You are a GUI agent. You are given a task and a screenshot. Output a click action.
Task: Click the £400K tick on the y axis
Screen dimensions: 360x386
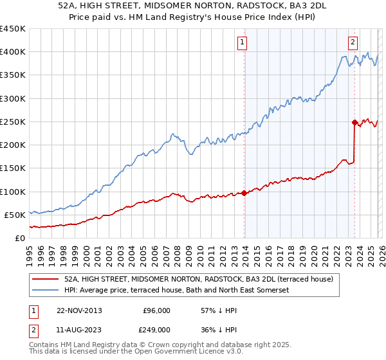click(x=13, y=52)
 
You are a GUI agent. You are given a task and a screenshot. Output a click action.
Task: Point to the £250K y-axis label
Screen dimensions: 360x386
click(x=13, y=122)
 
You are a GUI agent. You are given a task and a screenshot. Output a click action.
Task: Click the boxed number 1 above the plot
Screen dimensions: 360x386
click(x=243, y=43)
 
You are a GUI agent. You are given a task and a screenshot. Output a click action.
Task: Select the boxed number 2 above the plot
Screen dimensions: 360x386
click(x=353, y=43)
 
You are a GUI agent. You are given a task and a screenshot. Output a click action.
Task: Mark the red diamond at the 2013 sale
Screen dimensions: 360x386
click(x=244, y=193)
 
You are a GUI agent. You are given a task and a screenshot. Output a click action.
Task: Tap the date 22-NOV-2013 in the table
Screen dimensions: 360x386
click(x=79, y=310)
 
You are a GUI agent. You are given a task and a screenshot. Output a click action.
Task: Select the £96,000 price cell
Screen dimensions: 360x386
click(x=156, y=310)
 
